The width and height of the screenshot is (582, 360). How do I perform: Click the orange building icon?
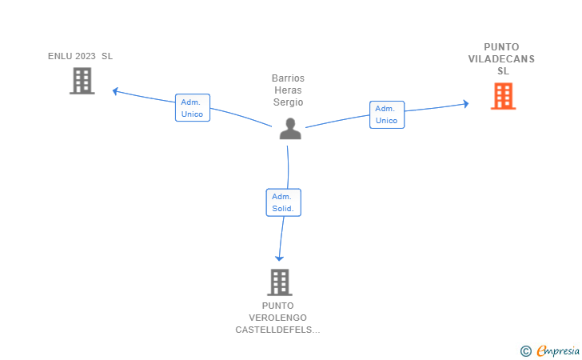pos(504,96)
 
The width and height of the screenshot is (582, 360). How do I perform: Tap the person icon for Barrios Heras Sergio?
pos(290,129)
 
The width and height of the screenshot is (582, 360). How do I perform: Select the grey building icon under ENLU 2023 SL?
pos(82,81)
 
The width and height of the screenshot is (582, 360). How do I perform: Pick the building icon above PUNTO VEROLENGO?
pos(280,282)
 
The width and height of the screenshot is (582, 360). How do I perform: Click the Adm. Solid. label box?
pos(284,202)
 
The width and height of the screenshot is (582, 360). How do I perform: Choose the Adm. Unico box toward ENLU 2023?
pos(193,108)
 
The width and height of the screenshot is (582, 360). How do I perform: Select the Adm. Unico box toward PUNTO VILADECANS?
pos(387,114)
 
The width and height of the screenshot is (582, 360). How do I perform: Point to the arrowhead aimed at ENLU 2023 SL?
pos(115,91)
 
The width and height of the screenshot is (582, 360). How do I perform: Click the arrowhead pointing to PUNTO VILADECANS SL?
pos(466,104)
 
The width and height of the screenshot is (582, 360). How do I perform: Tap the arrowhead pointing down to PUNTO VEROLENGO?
pos(279,258)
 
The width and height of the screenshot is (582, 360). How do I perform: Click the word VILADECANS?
pos(501,59)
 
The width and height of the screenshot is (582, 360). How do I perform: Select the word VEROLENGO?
pos(277,318)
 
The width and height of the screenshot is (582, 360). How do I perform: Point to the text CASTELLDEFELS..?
pos(277,330)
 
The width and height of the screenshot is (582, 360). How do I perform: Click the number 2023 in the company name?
pos(86,56)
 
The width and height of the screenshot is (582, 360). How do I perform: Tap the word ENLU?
pos(60,56)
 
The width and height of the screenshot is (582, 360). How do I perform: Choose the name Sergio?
pos(288,102)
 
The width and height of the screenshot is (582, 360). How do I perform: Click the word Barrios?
pos(288,78)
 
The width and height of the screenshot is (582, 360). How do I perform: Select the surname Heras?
pos(288,90)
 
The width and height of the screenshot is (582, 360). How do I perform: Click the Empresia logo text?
pos(558,350)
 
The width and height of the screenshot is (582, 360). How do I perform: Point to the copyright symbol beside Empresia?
pos(526,351)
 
